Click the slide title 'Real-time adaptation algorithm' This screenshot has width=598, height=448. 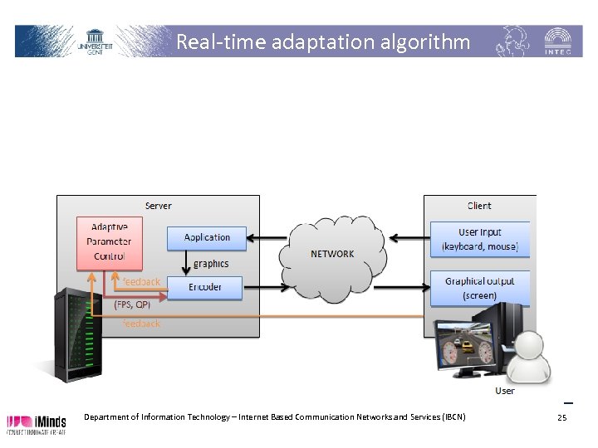tap(322, 41)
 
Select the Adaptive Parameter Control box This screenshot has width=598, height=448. tap(110, 242)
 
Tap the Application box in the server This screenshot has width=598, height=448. tap(207, 237)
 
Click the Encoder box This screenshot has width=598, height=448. tap(205, 288)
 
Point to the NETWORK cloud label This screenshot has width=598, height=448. tap(332, 253)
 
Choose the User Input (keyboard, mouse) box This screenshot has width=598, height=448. tap(479, 239)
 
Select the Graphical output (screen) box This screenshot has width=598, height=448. tap(479, 288)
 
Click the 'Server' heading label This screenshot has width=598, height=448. tap(159, 206)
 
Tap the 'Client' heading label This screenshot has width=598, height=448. tap(478, 206)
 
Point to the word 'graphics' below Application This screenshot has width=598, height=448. tap(211, 264)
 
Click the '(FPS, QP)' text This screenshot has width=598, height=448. tap(132, 304)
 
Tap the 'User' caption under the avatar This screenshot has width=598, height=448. tap(504, 391)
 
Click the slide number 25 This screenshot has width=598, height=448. tap(561, 418)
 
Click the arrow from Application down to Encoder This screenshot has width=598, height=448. tap(187, 263)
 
